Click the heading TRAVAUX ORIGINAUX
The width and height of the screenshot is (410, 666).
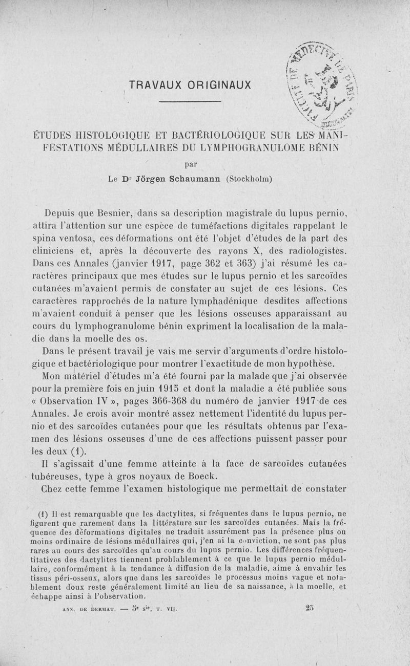point(190,84)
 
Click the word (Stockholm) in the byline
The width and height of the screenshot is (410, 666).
point(249,179)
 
